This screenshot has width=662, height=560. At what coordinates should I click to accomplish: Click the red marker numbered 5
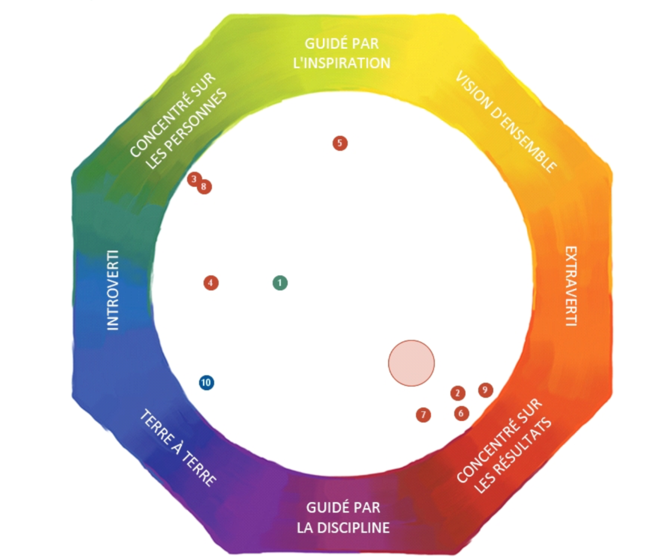coord(340,143)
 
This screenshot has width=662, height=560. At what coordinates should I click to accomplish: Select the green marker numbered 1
coord(280,283)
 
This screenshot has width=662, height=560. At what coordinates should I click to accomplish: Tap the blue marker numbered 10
coord(206,382)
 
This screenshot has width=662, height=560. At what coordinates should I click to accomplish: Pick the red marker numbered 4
coord(211,283)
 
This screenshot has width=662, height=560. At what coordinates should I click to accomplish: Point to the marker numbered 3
coord(193,178)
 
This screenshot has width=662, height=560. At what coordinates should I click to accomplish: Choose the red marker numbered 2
coord(457,393)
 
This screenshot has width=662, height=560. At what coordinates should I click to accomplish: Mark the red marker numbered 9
coord(485,389)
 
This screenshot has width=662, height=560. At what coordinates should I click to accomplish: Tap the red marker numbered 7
coord(423,414)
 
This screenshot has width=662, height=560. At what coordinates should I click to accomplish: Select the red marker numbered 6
coord(461,413)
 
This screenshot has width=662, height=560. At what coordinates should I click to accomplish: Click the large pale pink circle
coord(411,363)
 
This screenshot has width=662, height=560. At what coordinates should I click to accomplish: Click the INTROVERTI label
coord(113,290)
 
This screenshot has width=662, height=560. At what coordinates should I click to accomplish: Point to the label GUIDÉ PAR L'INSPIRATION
coord(342,53)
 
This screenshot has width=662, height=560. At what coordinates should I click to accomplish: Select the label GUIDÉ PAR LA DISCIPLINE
coord(344,517)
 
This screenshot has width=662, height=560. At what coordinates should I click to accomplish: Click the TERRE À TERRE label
coord(178,448)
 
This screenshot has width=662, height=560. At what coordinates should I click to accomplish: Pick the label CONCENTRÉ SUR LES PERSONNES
coord(178,122)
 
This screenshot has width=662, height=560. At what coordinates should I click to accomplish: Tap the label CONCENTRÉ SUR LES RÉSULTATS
coord(504,447)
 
